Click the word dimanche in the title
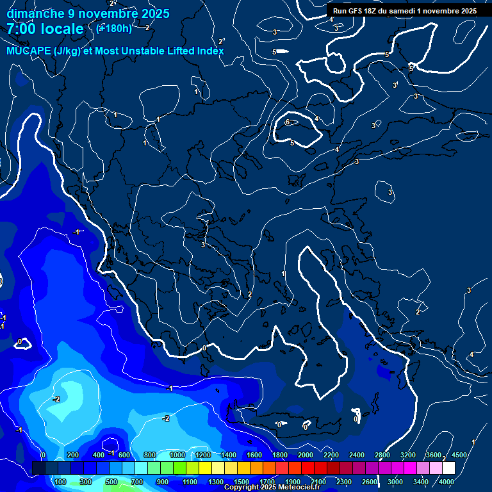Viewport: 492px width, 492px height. (35, 13)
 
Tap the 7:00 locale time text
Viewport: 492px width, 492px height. (45, 29)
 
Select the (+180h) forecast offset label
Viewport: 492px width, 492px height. (114, 28)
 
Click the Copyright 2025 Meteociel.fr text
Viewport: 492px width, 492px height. (272, 488)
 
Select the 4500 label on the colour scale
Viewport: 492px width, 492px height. (459, 455)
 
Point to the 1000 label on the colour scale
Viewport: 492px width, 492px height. (177, 455)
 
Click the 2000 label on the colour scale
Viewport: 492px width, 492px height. (306, 455)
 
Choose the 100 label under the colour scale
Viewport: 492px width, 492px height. (60, 482)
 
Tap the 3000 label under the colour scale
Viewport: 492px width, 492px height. (395, 482)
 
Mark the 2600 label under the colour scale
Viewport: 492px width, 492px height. (370, 482)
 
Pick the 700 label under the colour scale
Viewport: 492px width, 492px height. (138, 482)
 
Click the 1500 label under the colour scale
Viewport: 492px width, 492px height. (241, 482)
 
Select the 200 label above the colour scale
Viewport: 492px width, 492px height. (73, 455)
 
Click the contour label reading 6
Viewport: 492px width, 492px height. (288, 122)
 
